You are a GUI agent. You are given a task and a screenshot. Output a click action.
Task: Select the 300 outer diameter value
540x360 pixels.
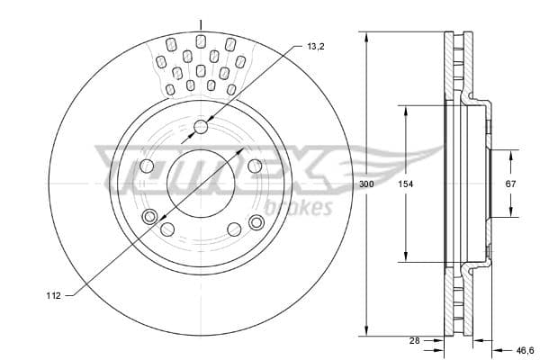[x=366, y=184]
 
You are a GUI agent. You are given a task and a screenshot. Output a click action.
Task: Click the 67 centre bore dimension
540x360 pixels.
[x=510, y=184]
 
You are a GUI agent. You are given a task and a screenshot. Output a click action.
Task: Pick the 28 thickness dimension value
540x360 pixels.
[x=413, y=341]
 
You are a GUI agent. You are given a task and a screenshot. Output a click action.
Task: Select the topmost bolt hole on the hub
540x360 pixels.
[x=201, y=127]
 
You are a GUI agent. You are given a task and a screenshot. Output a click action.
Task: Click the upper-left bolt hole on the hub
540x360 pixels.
[x=148, y=166]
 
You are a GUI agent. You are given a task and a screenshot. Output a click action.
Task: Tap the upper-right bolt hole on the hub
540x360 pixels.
[x=255, y=166]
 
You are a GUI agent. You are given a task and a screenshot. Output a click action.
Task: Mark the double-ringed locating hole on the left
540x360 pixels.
[x=150, y=215]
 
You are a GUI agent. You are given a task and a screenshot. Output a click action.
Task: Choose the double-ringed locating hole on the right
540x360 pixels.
[x=256, y=222]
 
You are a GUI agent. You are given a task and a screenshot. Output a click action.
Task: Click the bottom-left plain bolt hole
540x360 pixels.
[x=167, y=229]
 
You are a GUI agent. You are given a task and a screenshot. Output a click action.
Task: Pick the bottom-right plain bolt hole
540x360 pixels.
[x=234, y=229]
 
